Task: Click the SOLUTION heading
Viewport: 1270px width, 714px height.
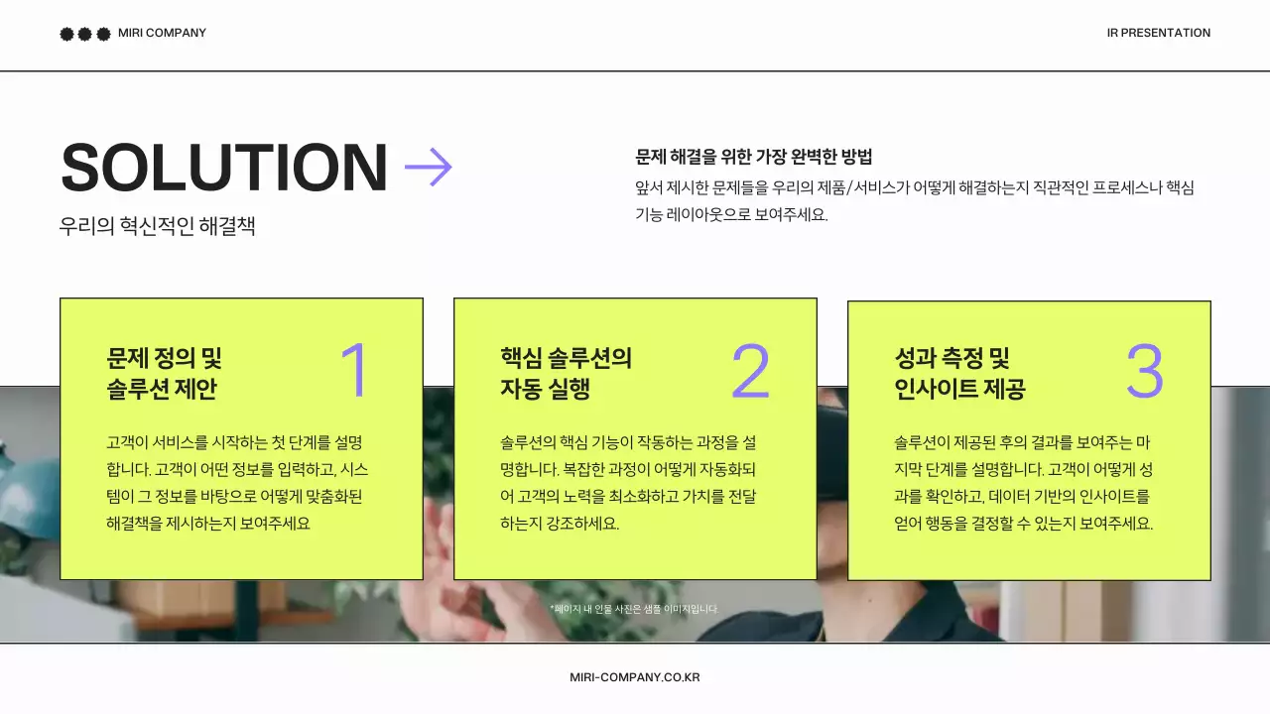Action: [223, 168]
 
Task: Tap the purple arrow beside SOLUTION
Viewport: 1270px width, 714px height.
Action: [429, 167]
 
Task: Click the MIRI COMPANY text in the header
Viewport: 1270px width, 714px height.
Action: [162, 33]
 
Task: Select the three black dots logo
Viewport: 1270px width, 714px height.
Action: [85, 34]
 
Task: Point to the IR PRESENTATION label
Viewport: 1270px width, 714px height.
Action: [1158, 33]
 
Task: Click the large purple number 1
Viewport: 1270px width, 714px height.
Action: [354, 371]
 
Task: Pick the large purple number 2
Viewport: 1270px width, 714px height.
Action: [750, 371]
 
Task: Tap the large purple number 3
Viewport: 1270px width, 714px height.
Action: [1144, 371]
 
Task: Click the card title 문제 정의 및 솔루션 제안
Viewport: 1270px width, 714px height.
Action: [164, 373]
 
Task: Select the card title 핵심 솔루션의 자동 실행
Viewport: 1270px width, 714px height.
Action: [566, 373]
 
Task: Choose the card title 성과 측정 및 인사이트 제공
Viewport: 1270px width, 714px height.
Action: [959, 373]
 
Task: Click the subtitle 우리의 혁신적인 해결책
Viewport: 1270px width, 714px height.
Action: [157, 226]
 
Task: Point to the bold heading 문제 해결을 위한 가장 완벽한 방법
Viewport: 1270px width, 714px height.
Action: [753, 157]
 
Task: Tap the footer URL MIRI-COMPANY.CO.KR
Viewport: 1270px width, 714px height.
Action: [635, 677]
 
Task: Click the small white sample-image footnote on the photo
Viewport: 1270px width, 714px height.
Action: [633, 609]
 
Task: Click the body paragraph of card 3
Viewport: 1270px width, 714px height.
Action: [1023, 483]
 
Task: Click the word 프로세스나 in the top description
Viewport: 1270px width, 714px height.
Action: [1127, 187]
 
